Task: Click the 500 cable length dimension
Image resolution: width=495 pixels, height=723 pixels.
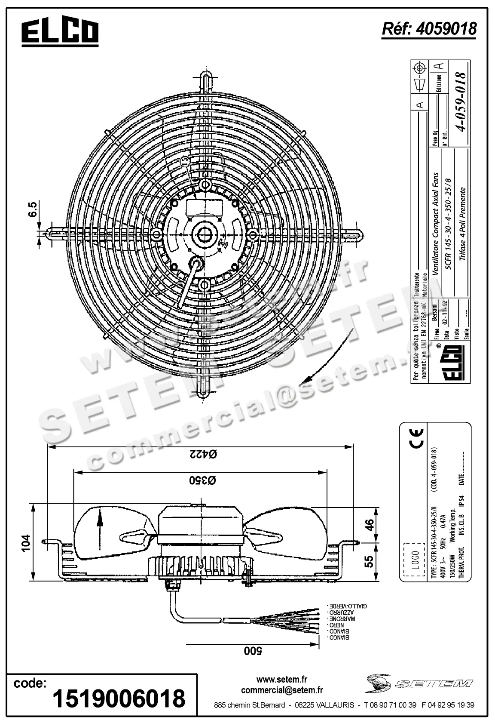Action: tap(253, 651)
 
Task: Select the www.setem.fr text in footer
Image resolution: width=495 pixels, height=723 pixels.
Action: tap(282, 680)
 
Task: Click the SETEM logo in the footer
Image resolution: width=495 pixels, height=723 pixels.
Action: tap(419, 683)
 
